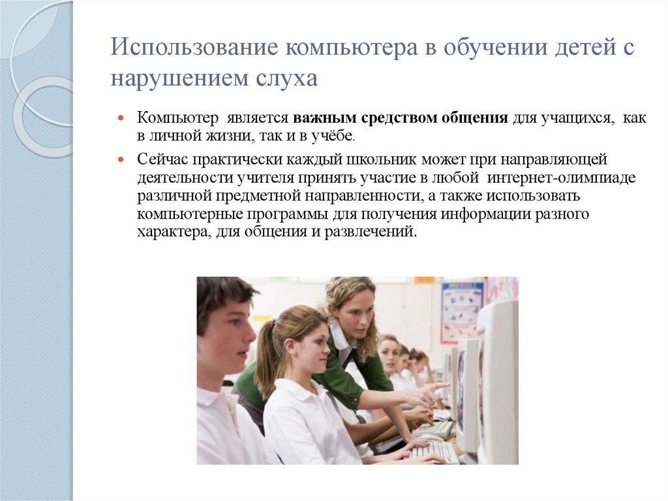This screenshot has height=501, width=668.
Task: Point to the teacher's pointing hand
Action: click(427, 395)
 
